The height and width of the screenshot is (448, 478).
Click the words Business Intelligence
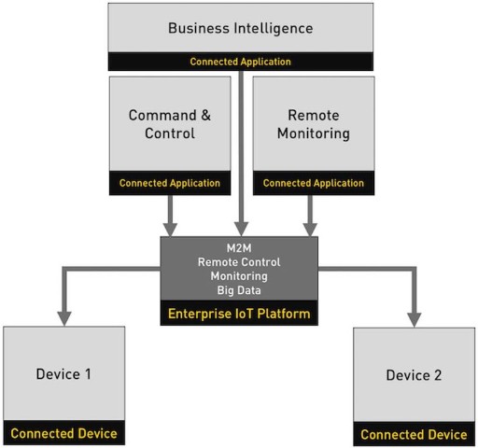pyautogui.click(x=241, y=29)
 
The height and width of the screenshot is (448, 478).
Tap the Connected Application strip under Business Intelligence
pyautogui.click(x=241, y=62)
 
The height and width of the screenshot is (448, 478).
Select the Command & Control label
pyautogui.click(x=170, y=124)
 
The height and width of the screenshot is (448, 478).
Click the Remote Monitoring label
pyautogui.click(x=314, y=124)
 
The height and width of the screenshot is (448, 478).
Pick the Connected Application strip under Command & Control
pyautogui.click(x=170, y=183)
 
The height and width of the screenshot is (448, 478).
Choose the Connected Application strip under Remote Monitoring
pyautogui.click(x=314, y=183)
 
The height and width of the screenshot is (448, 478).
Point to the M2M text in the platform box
pyautogui.click(x=239, y=248)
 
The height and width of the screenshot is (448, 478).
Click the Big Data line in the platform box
pyautogui.click(x=239, y=290)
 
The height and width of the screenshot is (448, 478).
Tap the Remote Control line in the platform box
pyautogui.click(x=239, y=262)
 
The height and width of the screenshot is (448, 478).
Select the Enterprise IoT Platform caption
pyautogui.click(x=239, y=314)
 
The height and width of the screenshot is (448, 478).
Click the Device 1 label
pyautogui.click(x=63, y=374)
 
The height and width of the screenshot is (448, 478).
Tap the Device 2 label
pyautogui.click(x=414, y=375)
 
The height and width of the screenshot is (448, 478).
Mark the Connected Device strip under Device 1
pyautogui.click(x=64, y=433)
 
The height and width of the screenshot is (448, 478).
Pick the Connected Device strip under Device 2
pyautogui.click(x=415, y=434)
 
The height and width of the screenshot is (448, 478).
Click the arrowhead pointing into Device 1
pyautogui.click(x=64, y=318)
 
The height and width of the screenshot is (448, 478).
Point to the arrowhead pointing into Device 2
pyautogui.click(x=415, y=319)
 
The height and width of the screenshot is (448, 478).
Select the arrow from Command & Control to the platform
pyautogui.click(x=170, y=216)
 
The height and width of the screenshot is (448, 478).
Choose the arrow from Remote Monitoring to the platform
pyautogui.click(x=310, y=216)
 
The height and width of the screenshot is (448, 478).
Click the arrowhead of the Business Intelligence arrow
pyautogui.click(x=241, y=229)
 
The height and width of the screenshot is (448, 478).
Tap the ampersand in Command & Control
pyautogui.click(x=205, y=115)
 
